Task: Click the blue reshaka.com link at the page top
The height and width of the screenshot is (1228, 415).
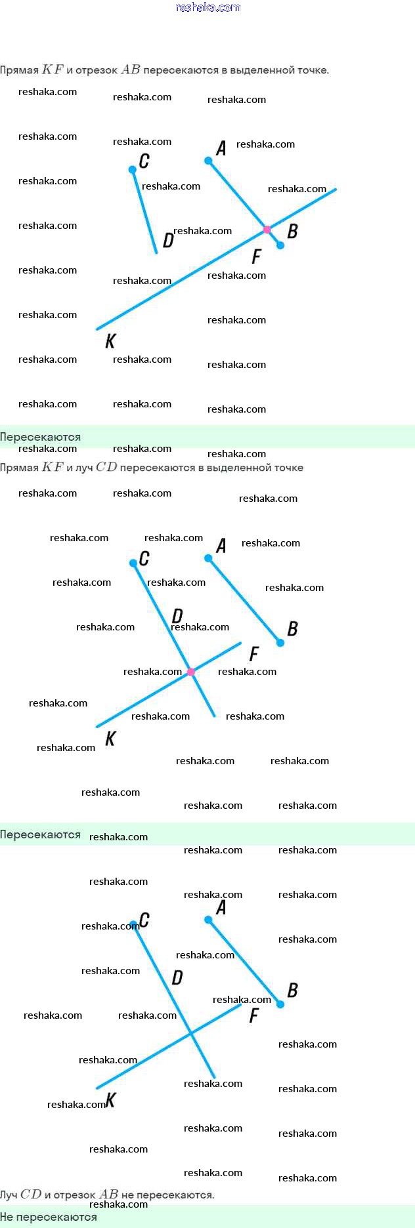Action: [x=207, y=7]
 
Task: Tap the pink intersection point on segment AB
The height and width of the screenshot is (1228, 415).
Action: [x=267, y=230]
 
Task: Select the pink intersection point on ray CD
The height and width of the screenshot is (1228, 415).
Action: [x=191, y=672]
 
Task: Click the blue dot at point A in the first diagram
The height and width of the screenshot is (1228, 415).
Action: [x=208, y=161]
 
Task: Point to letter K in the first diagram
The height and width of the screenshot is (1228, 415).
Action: [x=110, y=340]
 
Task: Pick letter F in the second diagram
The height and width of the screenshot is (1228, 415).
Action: [x=254, y=653]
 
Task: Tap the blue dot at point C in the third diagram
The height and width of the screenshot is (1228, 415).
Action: [x=133, y=926]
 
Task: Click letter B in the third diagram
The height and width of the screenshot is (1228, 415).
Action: [x=292, y=990]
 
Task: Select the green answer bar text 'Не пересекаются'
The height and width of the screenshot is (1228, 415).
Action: [x=49, y=1217]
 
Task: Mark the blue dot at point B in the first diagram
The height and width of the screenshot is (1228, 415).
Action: [x=280, y=245]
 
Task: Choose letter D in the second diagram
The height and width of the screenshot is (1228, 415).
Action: [x=177, y=616]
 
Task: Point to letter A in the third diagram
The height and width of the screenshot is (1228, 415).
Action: [x=221, y=907]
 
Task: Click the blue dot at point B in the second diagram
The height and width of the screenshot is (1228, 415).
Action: [x=280, y=643]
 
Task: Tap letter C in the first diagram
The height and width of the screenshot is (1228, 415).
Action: [x=144, y=161]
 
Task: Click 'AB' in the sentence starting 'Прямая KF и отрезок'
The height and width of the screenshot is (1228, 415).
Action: [x=131, y=70]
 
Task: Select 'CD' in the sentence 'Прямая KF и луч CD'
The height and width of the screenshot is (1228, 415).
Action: [x=106, y=468]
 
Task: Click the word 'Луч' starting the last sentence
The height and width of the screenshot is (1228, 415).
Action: [x=9, y=1195]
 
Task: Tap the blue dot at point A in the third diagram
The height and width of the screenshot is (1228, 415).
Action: [x=208, y=920]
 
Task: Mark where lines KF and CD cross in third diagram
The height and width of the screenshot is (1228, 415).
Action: [x=191, y=1034]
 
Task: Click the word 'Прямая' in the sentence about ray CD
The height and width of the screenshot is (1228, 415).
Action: [x=19, y=468]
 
